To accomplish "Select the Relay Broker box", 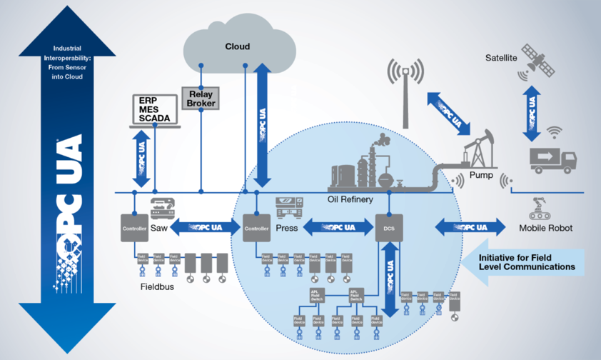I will click(201, 98).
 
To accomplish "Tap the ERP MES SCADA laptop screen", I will click(155, 109).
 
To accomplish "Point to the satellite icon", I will click(538, 60).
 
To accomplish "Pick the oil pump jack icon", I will click(480, 149).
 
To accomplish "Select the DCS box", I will click(385, 229).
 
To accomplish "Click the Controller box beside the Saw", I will click(133, 228).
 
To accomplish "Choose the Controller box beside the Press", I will click(256, 228).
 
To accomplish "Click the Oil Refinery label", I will click(350, 199).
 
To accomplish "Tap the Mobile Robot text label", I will click(546, 229).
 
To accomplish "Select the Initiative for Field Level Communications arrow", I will click(525, 261).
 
